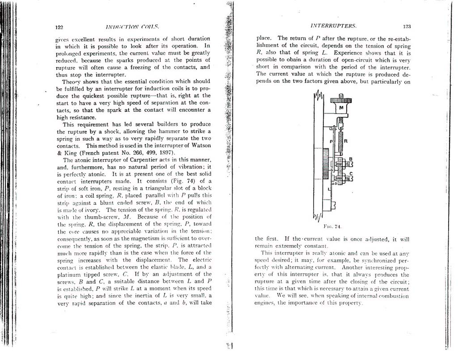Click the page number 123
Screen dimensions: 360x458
coord(407,26)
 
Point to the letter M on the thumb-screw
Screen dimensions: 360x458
coord(341,108)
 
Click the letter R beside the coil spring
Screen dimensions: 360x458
coord(346,141)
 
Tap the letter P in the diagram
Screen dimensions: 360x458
coord(331,141)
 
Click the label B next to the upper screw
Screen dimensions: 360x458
coord(351,158)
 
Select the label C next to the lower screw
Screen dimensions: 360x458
coord(351,173)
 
